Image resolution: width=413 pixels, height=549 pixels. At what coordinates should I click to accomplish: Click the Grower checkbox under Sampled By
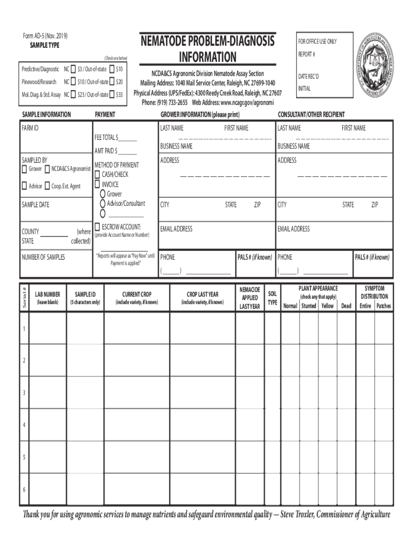click(24, 169)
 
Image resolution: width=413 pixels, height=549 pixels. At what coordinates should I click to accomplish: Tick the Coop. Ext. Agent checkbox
click(47, 186)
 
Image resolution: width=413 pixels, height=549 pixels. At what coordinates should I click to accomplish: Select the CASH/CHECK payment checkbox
click(97, 175)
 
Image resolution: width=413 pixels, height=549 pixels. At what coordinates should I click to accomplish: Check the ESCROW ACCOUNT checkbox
click(97, 227)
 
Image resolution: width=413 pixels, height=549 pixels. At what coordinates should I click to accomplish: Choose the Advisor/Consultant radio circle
click(102, 204)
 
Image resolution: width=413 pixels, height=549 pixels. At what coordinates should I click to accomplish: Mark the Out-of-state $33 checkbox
click(112, 94)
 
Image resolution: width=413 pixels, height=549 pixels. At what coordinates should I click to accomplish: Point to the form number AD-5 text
click(45, 36)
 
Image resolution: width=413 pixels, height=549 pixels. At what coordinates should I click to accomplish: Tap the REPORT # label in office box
click(306, 55)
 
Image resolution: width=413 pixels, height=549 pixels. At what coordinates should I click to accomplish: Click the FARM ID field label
click(30, 129)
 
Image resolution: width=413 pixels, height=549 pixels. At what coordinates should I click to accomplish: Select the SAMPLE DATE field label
click(35, 205)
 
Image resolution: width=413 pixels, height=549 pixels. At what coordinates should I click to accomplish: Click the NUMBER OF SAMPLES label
click(43, 257)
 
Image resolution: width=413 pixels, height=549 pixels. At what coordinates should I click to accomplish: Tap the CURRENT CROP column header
click(137, 294)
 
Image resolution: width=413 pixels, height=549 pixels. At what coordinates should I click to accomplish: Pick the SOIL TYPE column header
click(272, 298)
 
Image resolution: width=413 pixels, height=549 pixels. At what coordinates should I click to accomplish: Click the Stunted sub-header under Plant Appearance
click(308, 306)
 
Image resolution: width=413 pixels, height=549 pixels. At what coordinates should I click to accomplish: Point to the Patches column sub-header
click(383, 306)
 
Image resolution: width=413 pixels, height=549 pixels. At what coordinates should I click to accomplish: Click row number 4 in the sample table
click(24, 425)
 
